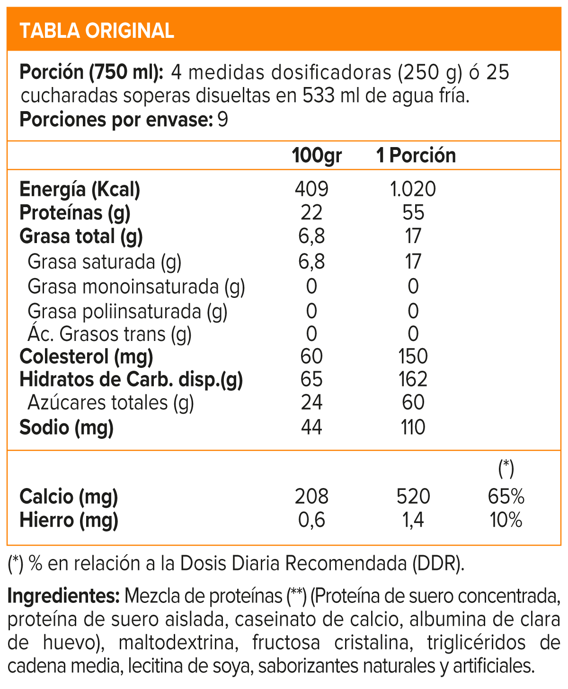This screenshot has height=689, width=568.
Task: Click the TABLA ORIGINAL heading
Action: coord(97,31)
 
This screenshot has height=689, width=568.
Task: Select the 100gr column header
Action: coord(316,156)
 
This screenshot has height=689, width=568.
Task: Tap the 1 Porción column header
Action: coord(416,156)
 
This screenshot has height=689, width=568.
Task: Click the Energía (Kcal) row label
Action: coord(80,189)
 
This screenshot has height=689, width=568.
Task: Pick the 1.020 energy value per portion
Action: coord(413,189)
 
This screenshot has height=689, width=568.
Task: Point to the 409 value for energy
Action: coord(311,189)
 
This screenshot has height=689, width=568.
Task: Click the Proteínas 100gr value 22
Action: coord(311,213)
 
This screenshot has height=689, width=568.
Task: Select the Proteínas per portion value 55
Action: coord(413,213)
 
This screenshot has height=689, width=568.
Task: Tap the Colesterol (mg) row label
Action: coord(86,356)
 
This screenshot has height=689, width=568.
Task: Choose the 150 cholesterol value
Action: coord(413,356)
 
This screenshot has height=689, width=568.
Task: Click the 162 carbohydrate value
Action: coord(413,379)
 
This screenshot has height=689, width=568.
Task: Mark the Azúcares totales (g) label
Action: coord(111,403)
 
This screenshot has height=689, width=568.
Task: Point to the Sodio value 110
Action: coord(413,427)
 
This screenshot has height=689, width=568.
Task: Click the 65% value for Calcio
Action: coord(506,497)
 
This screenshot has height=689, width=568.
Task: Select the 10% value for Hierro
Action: coord(506,520)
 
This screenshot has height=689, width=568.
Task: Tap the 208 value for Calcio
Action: coord(311,497)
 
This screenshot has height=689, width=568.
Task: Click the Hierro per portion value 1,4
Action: coord(413,520)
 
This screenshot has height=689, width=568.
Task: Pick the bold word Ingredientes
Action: coord(64,596)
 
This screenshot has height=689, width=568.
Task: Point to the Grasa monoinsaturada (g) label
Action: coord(136,287)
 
